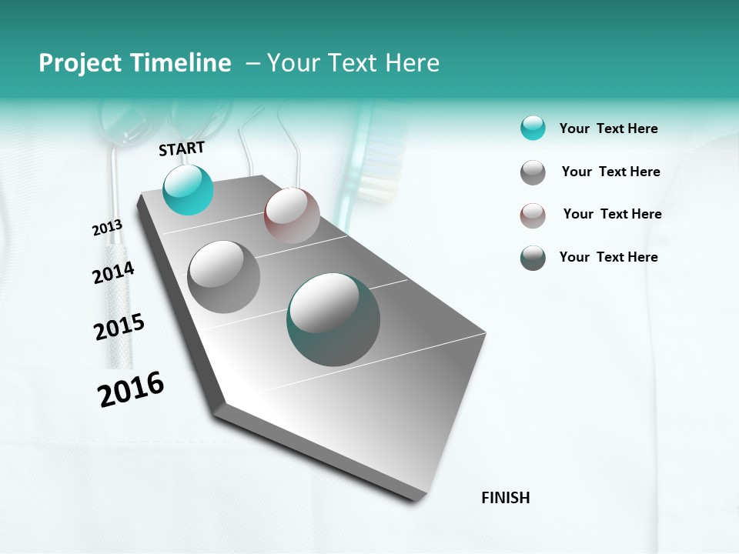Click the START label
coord(182,149)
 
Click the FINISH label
coord(505,498)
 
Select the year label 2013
coord(107,228)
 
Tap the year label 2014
coord(113,272)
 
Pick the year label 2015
coord(119,327)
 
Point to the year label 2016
coord(131,389)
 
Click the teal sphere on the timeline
coord(188,189)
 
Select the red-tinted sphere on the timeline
coord(292,215)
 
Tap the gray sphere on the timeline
coord(223,276)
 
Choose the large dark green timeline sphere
coord(333,319)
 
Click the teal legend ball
coord(533,128)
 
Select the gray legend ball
coord(533,172)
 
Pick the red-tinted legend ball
coord(533,215)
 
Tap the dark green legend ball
coord(533,258)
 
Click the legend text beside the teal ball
coord(608,128)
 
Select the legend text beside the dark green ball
coord(608,257)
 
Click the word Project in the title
coord(79,63)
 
